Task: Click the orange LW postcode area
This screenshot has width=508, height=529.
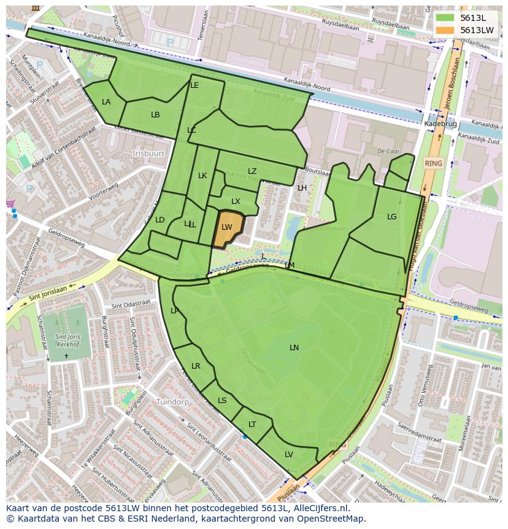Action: click(x=227, y=229)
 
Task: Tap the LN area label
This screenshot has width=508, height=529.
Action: click(x=294, y=348)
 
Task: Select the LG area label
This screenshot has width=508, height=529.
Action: click(x=391, y=217)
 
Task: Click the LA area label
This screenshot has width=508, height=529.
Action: click(x=106, y=102)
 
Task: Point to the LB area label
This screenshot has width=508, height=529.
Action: click(x=155, y=115)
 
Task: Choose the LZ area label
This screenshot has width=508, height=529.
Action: click(x=252, y=171)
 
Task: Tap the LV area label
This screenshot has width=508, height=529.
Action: click(x=288, y=455)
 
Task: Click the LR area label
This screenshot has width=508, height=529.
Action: click(x=196, y=366)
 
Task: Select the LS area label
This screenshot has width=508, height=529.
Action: click(x=222, y=401)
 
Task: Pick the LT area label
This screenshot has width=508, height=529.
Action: click(x=252, y=425)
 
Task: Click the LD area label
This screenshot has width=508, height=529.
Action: click(x=160, y=220)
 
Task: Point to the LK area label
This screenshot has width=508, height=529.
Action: click(x=202, y=176)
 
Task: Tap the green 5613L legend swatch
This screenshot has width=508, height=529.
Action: click(x=445, y=18)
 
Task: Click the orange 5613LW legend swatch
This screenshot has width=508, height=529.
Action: click(x=445, y=30)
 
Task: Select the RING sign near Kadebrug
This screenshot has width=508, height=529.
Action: click(x=433, y=163)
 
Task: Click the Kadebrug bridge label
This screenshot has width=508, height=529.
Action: click(x=440, y=124)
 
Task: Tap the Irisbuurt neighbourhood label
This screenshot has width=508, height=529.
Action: click(x=149, y=153)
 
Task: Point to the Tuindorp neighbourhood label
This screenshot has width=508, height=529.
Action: click(x=172, y=402)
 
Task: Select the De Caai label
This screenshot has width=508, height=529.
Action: click(x=388, y=151)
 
